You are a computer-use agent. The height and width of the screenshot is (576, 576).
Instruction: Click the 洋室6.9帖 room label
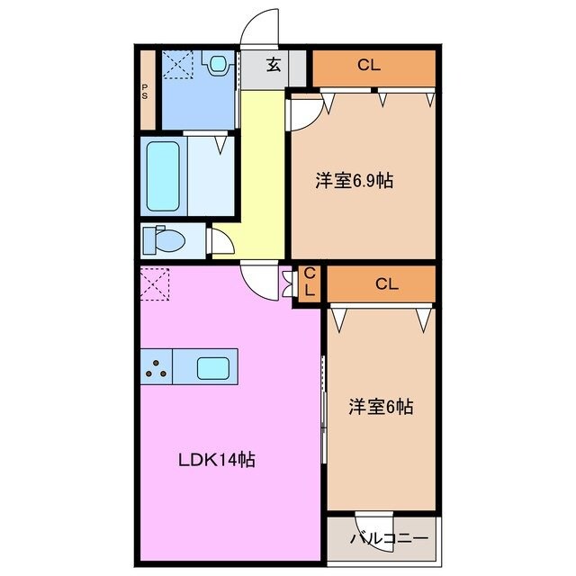click(x=354, y=181)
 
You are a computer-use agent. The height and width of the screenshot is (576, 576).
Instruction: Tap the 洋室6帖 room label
click(x=381, y=407)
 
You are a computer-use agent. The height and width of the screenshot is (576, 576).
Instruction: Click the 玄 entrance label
click(x=272, y=64)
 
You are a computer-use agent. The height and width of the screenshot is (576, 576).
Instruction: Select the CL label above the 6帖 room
click(x=386, y=284)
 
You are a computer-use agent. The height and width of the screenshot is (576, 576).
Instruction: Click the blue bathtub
click(x=163, y=175)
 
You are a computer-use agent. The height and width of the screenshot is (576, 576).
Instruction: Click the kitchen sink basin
click(x=213, y=367)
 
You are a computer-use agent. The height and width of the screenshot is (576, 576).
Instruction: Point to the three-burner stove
click(x=156, y=366)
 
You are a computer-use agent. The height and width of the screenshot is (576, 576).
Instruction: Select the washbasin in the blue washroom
click(x=217, y=65)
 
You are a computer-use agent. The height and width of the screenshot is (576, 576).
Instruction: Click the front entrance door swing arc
click(x=263, y=25)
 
